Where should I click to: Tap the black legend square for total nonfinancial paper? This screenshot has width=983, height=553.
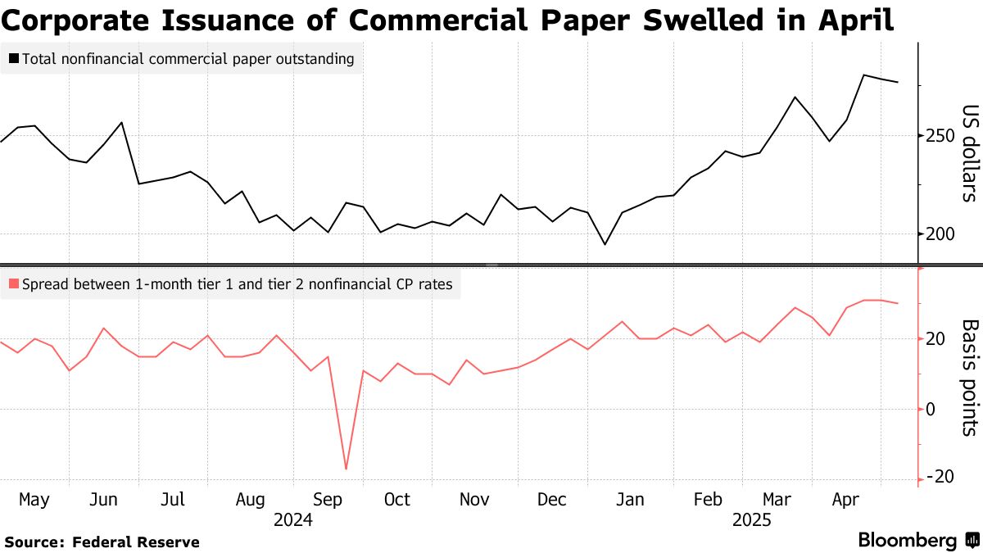coord(13,59)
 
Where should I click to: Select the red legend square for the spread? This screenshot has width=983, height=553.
coord(13,285)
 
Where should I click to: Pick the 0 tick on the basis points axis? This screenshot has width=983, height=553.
coord(931,408)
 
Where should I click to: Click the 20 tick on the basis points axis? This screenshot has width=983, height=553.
coord(935,338)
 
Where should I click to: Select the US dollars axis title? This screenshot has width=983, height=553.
coord(970,153)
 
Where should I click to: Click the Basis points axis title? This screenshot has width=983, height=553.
coord(970,377)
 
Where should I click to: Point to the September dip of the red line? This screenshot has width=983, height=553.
coord(346,469)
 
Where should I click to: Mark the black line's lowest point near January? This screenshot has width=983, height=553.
coord(605,244)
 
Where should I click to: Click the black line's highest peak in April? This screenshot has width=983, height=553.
coord(864,75)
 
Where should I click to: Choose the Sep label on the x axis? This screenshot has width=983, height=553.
coord(328,499)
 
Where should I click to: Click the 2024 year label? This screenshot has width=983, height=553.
coord(293,519)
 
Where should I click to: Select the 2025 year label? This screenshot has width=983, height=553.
coord(753,519)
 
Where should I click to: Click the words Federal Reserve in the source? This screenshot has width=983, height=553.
coord(135,542)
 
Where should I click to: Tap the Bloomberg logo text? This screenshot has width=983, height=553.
coord(907,540)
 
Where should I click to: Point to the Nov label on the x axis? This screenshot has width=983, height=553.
coord(474,499)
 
